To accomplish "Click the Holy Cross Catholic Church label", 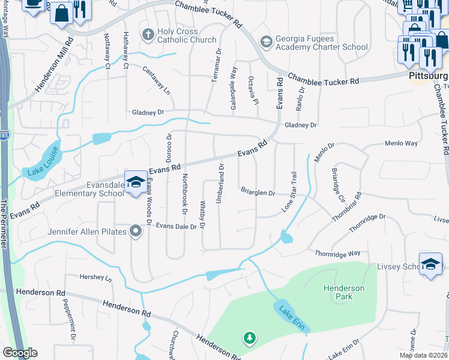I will pyautogui.click(x=186, y=36).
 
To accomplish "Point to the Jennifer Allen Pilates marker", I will pyautogui.click(x=136, y=231).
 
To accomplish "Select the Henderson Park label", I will pyautogui.click(x=343, y=292).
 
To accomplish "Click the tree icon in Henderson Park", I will pyautogui.click(x=249, y=339).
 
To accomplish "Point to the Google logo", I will pyautogui.click(x=20, y=353).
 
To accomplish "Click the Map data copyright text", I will pyautogui.click(x=423, y=355).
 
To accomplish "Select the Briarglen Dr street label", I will pyautogui.click(x=258, y=193).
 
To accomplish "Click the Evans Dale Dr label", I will pyautogui.click(x=176, y=227).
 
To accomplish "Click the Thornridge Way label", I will pyautogui.click(x=337, y=254).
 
